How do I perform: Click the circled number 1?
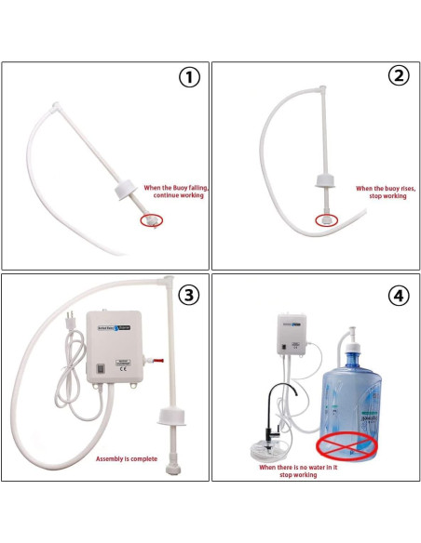point(189,78)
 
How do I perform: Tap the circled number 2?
point(399,77)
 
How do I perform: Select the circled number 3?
point(189,295)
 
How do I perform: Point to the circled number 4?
point(399,295)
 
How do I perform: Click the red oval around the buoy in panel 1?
point(151,220)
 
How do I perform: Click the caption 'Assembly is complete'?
point(129,458)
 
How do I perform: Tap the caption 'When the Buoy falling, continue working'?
point(175,192)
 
